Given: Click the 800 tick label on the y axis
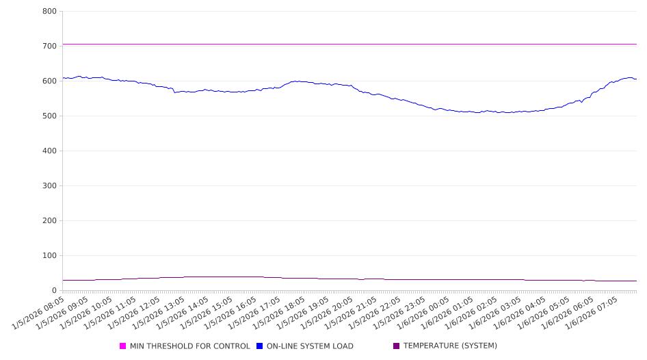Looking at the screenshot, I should point(49,11).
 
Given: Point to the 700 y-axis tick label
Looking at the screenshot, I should point(49,46).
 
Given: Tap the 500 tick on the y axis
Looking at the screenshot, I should point(49,116).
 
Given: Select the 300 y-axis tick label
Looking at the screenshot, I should point(49,185).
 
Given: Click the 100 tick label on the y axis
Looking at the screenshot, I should point(49,255).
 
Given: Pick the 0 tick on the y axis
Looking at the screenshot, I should point(53,290).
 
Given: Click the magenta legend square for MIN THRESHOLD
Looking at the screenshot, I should point(123,346).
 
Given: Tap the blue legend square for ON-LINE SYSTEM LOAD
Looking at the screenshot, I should point(260,346).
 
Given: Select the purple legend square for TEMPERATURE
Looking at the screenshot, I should point(397,346).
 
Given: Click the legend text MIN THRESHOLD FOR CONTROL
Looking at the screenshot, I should point(189,346).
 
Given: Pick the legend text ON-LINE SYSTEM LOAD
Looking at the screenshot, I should point(310,346).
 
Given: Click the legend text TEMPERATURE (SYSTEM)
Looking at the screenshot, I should point(450,346).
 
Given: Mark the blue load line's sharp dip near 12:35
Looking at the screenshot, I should point(174,92).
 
